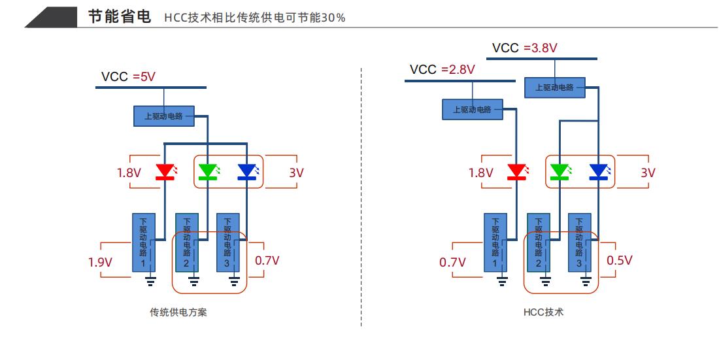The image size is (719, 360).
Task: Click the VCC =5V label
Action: click(129, 77)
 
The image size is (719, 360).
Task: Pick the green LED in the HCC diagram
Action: click(559, 172)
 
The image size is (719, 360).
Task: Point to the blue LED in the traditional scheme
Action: click(247, 172)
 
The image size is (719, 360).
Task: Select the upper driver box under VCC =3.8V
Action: click(554, 88)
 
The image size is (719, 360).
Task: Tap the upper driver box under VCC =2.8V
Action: click(472, 109)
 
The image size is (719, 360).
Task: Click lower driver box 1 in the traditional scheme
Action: click(143, 242)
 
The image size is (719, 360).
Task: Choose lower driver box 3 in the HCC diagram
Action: click(579, 242)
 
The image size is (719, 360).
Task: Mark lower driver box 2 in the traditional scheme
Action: click(186, 242)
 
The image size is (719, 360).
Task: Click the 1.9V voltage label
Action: click(101, 263)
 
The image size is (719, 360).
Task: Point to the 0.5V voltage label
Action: click(619, 260)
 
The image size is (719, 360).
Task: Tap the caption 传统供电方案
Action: click(178, 312)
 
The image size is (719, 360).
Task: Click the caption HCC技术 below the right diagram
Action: click(543, 312)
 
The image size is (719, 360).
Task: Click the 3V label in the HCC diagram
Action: click(648, 173)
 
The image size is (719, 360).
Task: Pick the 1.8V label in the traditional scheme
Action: click(129, 173)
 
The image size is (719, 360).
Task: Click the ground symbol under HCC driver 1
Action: click(502, 281)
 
